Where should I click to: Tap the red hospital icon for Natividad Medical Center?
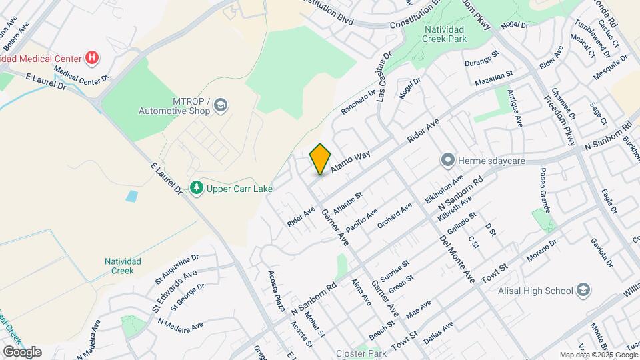pos(93,59)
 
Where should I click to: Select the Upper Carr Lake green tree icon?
pos(196,189)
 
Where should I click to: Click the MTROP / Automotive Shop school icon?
pos(221,105)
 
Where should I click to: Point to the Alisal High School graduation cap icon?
pos(583,290)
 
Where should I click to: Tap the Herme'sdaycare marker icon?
pos(447,160)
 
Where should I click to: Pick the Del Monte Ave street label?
pos(459,253)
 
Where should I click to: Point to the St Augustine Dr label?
pos(177,267)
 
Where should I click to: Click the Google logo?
pos(22,351)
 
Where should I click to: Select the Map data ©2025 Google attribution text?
pos(599,355)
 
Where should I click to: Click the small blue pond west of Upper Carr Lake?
pos(131,196)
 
